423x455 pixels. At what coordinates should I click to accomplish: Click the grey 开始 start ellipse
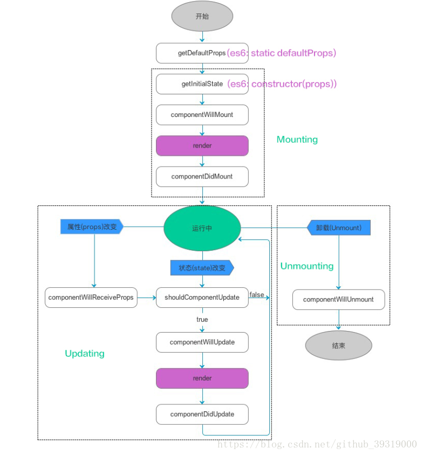(202, 16)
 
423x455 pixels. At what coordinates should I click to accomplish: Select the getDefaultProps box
(202, 53)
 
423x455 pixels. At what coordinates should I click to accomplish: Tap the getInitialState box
(202, 84)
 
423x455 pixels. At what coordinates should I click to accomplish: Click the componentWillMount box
(202, 115)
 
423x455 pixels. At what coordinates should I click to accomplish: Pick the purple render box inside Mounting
(202, 146)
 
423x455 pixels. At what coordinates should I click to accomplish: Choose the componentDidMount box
(202, 176)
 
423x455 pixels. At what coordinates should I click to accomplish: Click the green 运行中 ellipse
(202, 228)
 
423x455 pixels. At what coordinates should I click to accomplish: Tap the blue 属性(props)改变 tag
(92, 226)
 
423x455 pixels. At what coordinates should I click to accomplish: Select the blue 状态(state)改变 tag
(202, 267)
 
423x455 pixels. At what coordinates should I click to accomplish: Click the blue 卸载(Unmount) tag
(338, 227)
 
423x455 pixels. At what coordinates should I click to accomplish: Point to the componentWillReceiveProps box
(91, 298)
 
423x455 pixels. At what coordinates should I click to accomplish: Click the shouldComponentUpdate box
(202, 298)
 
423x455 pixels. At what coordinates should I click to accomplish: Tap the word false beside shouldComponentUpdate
(257, 294)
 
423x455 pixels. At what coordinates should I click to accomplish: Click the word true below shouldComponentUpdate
(202, 320)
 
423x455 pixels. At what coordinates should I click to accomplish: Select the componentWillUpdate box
(202, 342)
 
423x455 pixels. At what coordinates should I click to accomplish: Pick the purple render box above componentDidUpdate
(202, 378)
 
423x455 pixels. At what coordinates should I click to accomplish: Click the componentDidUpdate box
(202, 414)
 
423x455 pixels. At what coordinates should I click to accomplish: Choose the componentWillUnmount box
(338, 299)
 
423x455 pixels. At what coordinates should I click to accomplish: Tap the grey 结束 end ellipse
(338, 346)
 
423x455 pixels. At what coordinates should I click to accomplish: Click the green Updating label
(85, 354)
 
